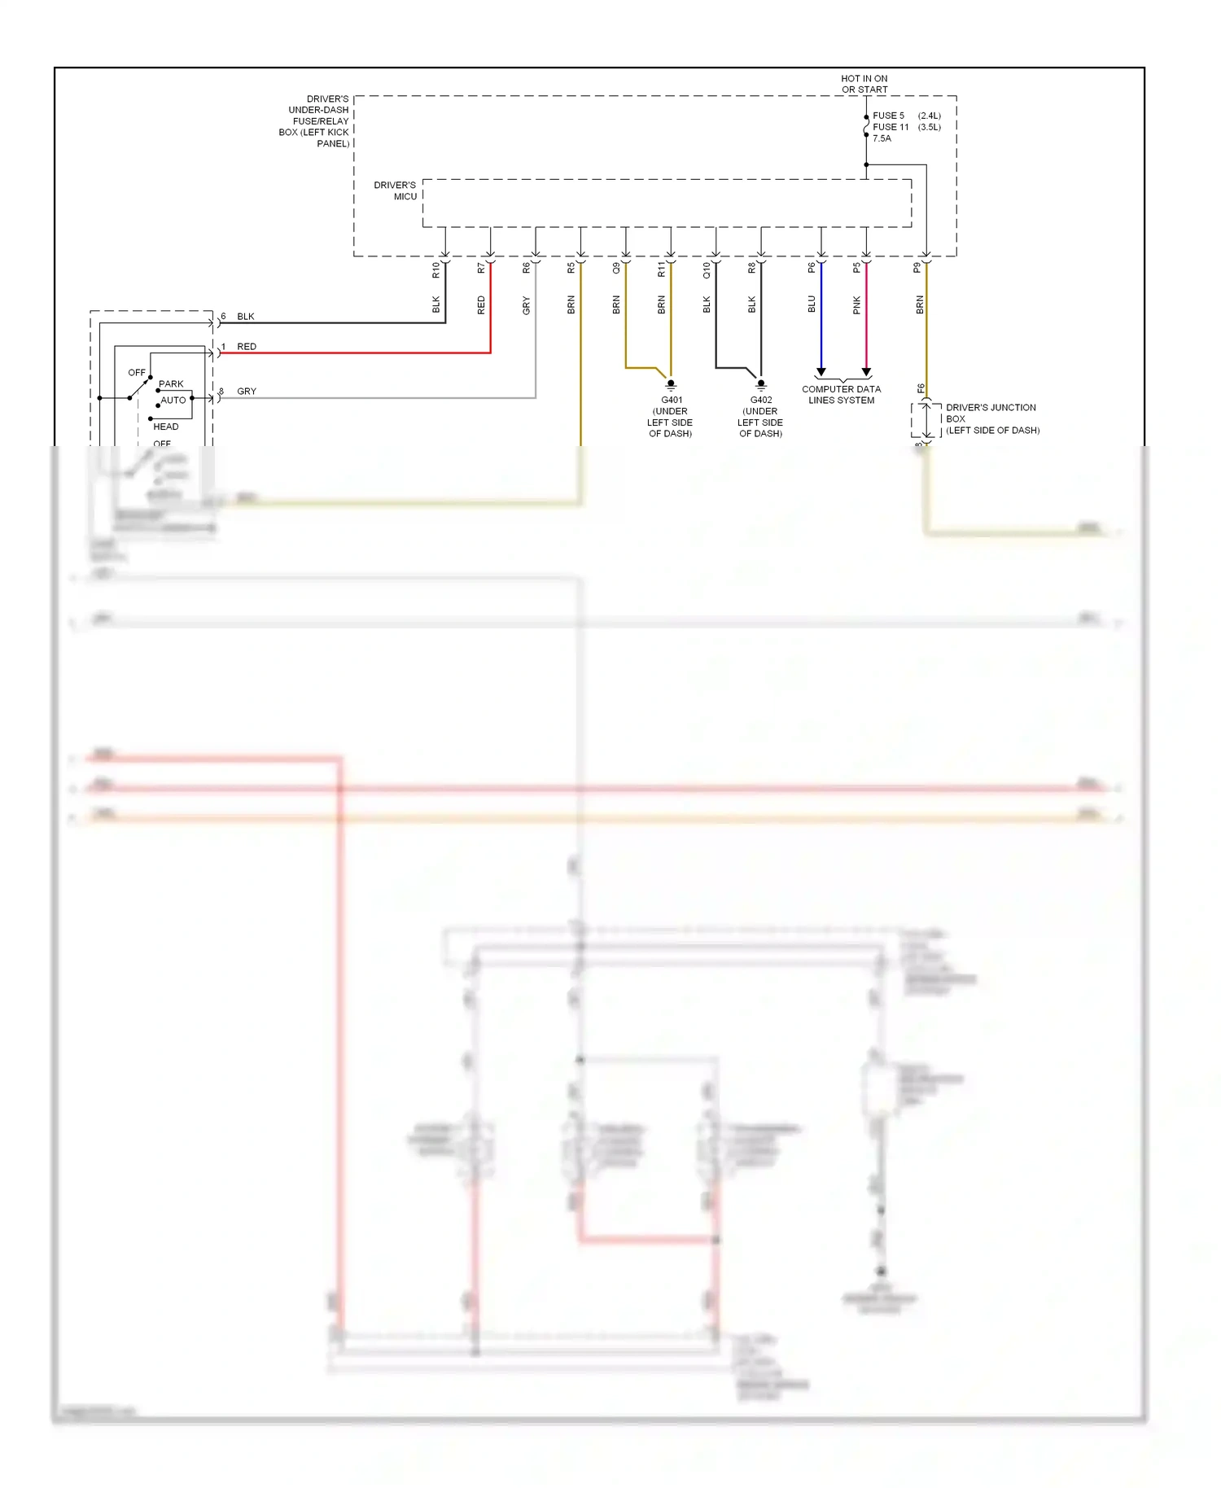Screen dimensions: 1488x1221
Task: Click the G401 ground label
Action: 672,400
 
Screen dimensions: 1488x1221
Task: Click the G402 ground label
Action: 761,400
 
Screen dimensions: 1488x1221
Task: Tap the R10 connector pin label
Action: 435,270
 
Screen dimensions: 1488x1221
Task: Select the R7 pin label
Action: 481,268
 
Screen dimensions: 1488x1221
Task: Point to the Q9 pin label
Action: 616,268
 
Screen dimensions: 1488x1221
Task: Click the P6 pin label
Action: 812,268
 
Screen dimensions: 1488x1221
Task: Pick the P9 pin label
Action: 917,268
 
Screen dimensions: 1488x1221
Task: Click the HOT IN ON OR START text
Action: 864,84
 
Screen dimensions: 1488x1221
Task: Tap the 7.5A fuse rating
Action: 882,138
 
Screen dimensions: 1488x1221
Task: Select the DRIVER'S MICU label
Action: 396,190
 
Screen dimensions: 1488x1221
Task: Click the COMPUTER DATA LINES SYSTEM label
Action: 842,395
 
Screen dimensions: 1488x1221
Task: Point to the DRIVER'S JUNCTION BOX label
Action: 991,418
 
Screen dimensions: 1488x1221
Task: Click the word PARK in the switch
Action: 171,383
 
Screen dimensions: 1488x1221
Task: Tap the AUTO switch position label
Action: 173,400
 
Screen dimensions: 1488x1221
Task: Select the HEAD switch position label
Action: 166,427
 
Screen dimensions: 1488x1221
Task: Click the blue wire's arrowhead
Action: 821,372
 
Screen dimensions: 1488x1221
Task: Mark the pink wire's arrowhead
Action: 866,372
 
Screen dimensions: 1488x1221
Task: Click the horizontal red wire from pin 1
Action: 358,353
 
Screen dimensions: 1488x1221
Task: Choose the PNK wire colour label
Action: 856,305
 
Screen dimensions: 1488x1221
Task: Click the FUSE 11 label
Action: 891,127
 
